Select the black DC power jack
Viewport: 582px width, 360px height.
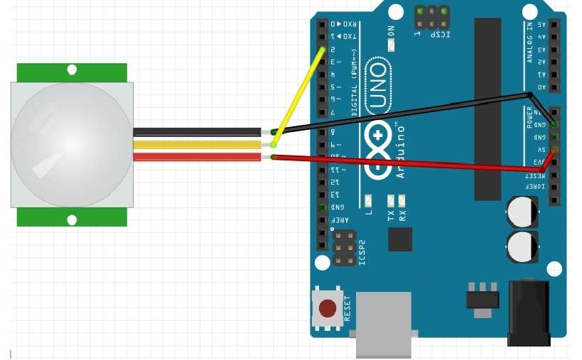click(529, 312)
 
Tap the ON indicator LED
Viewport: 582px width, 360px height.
click(391, 45)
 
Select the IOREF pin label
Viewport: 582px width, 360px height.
click(541, 187)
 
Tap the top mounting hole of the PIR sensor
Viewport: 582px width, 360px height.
click(72, 70)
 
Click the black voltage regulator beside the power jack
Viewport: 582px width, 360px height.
click(483, 298)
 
